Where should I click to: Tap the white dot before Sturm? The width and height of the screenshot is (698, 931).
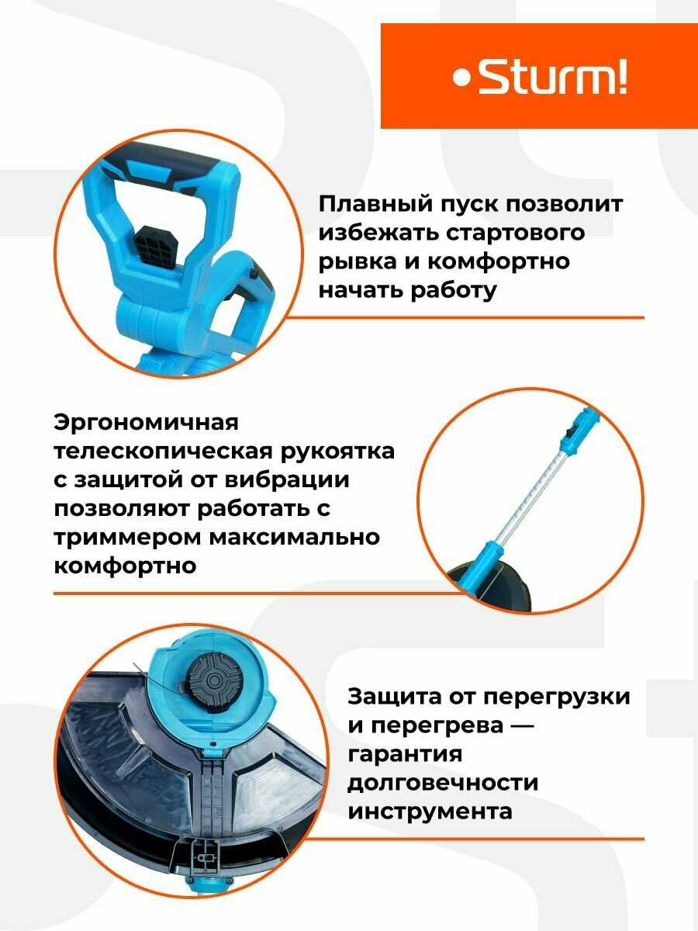(x=462, y=79)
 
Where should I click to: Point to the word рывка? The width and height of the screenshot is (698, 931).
(x=356, y=261)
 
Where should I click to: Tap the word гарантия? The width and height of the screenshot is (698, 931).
(x=404, y=754)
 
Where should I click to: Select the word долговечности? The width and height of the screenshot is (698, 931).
(x=443, y=782)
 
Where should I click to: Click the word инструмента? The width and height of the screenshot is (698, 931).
(x=430, y=811)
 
